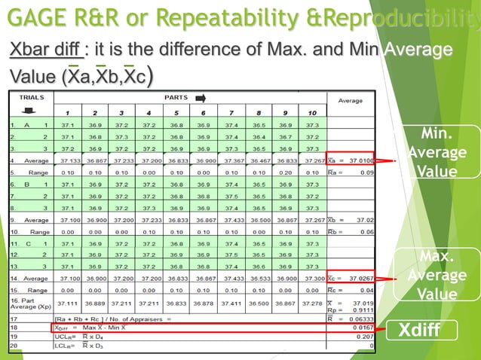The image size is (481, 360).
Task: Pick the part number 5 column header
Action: [x=178, y=112]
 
